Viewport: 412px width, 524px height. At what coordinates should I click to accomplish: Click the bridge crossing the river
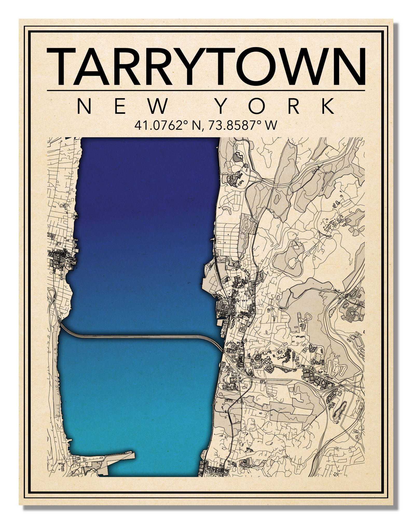[140, 336]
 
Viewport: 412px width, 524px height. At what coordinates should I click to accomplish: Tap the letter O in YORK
[258, 106]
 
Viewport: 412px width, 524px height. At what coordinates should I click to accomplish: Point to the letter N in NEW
[84, 106]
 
